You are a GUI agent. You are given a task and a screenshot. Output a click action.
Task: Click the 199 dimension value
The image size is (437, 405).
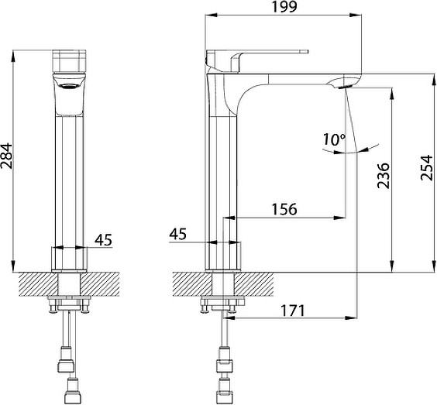tap(284, 7)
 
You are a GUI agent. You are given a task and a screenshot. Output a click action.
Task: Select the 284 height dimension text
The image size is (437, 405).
tap(6, 156)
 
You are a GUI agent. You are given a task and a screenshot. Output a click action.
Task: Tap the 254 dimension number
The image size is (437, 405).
tap(427, 168)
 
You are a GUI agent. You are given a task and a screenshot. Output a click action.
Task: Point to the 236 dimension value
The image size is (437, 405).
tap(383, 176)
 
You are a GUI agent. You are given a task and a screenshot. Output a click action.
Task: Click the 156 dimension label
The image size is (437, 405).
tap(284, 209)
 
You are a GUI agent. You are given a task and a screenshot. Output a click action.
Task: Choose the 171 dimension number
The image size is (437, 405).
tap(293, 311)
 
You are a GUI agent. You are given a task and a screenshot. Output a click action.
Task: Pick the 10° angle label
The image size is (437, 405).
tap(334, 139)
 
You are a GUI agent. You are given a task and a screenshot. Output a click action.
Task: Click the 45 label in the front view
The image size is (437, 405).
tap(103, 240)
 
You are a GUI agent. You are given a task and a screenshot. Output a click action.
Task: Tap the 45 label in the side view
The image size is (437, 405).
tap(177, 234)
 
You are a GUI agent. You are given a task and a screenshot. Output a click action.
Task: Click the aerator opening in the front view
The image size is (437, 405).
tap(69, 87)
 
